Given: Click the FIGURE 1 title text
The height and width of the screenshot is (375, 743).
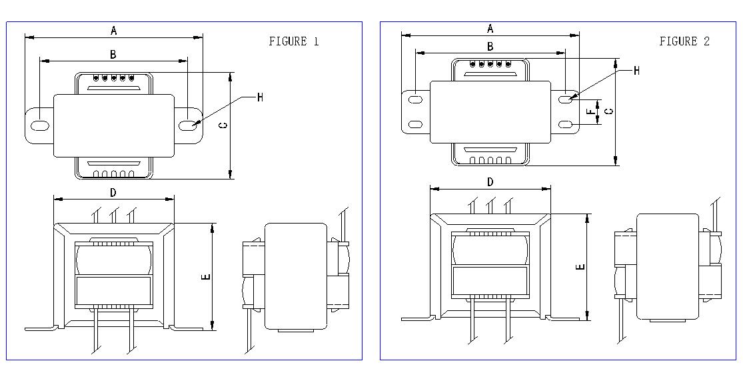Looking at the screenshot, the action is coord(294,41).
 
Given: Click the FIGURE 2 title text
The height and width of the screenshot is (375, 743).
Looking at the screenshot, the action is coord(684,41).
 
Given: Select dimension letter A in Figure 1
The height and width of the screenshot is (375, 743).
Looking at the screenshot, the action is coord(114,31).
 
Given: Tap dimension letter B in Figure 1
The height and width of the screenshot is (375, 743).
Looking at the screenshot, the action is coord(113,55).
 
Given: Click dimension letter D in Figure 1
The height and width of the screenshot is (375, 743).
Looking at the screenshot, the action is coord(113,192).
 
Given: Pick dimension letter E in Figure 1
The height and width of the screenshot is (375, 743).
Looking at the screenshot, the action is coord(206,277).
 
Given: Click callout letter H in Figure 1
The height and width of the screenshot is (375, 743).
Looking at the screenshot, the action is coord(260,97).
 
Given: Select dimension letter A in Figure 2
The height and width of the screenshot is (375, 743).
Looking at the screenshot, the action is coord(490,29).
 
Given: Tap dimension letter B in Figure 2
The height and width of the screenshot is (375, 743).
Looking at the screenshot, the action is coord(490,47).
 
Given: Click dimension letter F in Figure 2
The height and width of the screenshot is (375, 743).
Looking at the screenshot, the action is coord(590,112).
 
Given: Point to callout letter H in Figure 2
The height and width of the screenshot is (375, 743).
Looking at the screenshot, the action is coord(636,71).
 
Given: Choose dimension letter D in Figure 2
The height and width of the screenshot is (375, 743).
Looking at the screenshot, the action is coord(490,181).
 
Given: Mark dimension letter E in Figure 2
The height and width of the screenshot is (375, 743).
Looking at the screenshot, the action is coord(580,267).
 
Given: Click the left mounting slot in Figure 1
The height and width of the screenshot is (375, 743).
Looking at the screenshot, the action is coord(40,125).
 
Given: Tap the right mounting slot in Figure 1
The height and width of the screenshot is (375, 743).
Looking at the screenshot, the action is coord(189,125).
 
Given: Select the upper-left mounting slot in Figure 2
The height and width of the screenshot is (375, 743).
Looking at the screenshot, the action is coord(416,99).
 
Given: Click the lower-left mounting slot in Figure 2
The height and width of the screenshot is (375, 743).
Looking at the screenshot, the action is coord(416,124).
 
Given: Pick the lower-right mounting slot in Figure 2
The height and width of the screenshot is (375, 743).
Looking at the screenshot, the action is coord(566,124).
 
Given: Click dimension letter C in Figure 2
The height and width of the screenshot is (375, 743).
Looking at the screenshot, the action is coord(610,111).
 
